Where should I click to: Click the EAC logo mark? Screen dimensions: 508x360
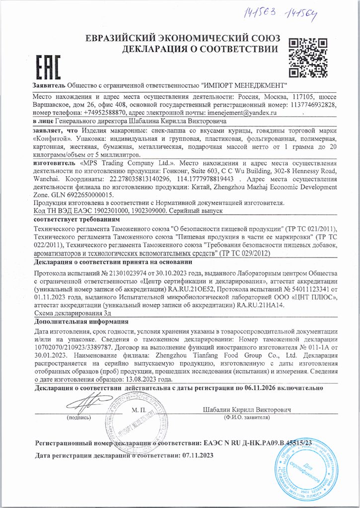(x=45, y=64)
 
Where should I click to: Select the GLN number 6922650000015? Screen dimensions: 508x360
(x=83, y=195)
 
